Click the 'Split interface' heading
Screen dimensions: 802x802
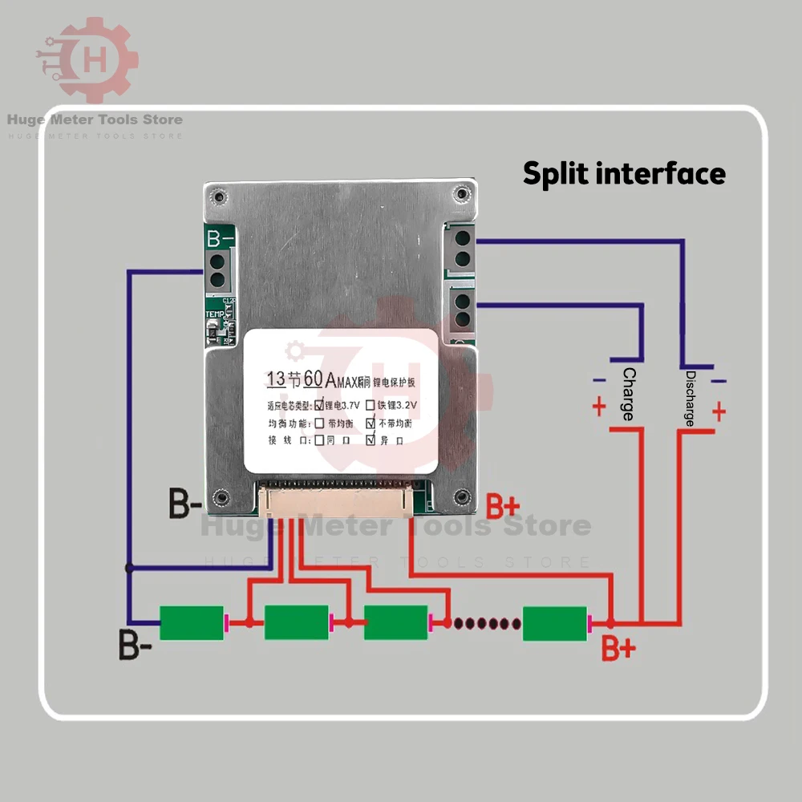click(x=624, y=173)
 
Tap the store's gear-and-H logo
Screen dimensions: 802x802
click(x=87, y=59)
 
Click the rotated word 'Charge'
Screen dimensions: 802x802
click(x=629, y=394)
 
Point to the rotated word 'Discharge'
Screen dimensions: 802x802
click(x=690, y=399)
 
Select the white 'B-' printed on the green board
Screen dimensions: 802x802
click(x=221, y=238)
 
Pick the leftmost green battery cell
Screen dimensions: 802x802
click(x=192, y=622)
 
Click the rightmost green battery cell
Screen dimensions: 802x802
click(x=555, y=623)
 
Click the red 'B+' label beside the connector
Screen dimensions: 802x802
click(x=503, y=507)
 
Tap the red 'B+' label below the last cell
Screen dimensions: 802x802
click(x=618, y=648)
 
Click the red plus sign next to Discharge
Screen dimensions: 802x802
click(x=719, y=412)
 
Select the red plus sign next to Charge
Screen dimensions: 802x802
click(x=599, y=407)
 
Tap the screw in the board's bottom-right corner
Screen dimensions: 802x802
click(x=460, y=496)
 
